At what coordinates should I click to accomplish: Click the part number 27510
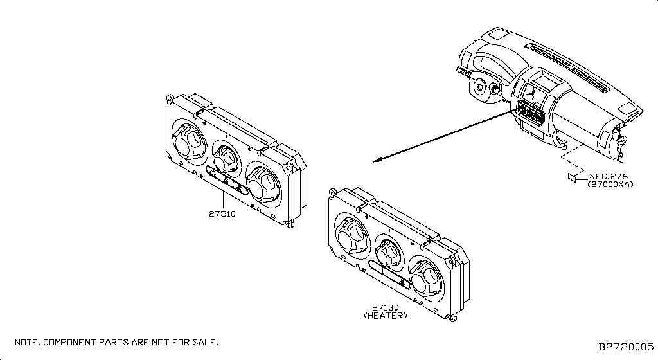tap(223, 213)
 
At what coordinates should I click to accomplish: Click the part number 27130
tap(385, 308)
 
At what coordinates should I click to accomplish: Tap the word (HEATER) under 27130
tap(385, 316)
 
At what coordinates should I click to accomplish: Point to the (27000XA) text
tap(610, 184)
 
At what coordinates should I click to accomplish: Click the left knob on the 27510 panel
tap(188, 142)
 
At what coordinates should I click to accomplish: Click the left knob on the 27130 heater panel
tap(351, 236)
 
